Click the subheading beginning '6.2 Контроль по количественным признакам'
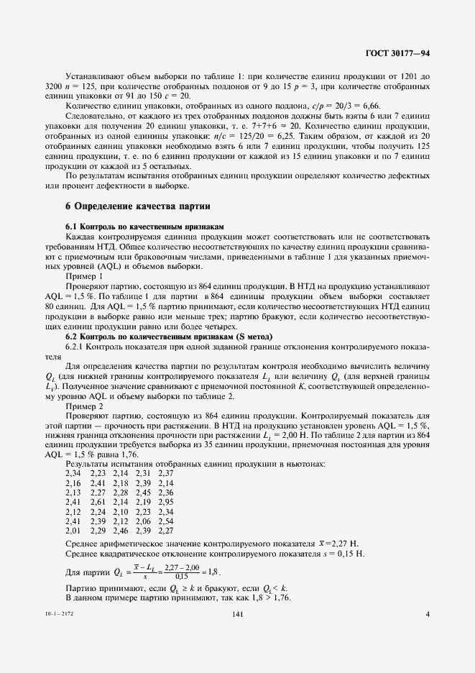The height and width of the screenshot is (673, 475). click(168, 336)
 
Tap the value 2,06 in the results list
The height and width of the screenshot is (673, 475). click(144, 521)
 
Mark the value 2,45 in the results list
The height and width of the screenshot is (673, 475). click(144, 492)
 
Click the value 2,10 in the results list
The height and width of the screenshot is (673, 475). click(121, 511)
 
